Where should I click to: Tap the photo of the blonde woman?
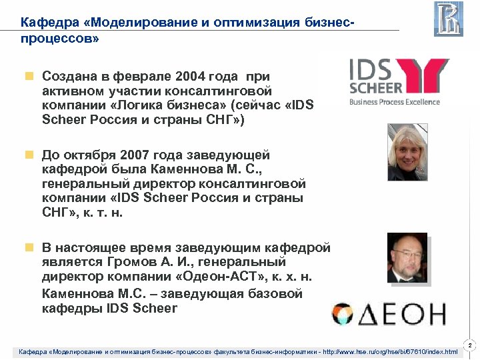tap(407, 152)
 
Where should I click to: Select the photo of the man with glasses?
tap(407, 258)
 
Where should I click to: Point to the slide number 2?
tap(469, 345)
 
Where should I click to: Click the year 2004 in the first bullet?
tap(185, 76)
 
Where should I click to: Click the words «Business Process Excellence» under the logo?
tap(395, 101)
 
